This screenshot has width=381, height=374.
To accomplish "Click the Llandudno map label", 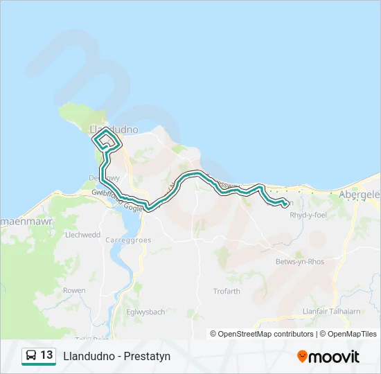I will [x=114, y=129].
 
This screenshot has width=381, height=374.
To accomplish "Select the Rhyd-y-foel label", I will [x=308, y=215].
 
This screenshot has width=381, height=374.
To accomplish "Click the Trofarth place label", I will [x=227, y=291].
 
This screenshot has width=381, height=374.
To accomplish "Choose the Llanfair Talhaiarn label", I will [x=332, y=312].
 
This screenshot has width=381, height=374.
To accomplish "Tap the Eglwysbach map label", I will [x=145, y=312].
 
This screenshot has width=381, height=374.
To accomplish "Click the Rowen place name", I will [x=74, y=291].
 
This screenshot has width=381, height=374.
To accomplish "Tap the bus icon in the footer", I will [x=31, y=355].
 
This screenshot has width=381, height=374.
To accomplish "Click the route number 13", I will [x=47, y=355].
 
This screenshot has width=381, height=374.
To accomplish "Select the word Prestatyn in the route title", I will [x=148, y=356].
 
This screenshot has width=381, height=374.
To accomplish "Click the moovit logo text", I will [x=335, y=357].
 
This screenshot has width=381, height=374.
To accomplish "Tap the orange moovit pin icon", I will [x=303, y=357].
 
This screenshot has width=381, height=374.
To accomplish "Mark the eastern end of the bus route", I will [x=285, y=203].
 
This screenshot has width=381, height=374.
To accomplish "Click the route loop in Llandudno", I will [x=105, y=141].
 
